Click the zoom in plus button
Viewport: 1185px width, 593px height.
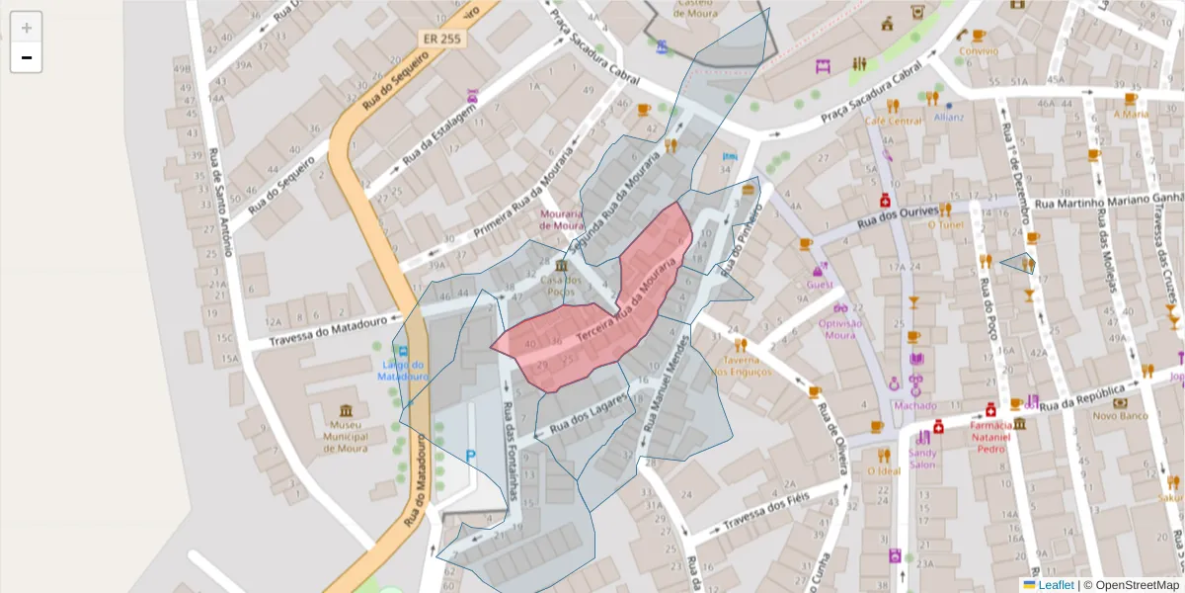point(27,28)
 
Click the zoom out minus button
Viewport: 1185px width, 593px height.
point(27,58)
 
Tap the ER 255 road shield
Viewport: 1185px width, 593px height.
point(443,39)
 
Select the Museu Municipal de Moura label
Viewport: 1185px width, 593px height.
point(345,436)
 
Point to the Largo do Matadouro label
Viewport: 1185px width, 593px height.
point(403,371)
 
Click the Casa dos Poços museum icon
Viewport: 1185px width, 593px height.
point(561,267)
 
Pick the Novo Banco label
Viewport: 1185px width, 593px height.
point(1118,416)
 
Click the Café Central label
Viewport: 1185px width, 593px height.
point(893,121)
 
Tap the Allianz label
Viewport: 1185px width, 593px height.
point(948,117)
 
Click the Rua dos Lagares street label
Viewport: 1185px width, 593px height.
point(589,412)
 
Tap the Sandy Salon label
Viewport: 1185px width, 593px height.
point(922,459)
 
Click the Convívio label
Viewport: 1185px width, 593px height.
point(978,50)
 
